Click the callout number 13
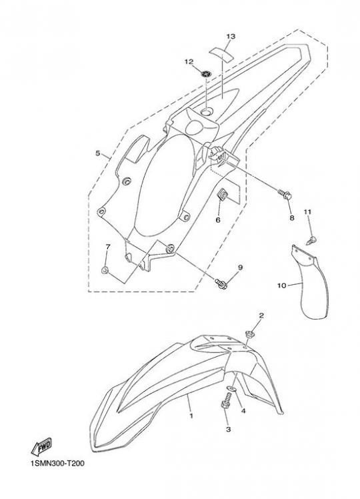[231, 37]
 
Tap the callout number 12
[189, 61]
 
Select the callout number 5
[97, 153]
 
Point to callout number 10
[282, 286]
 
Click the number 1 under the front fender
[191, 416]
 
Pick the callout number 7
[108, 247]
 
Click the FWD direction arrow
[41, 446]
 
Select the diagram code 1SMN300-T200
[57, 464]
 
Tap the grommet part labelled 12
[206, 73]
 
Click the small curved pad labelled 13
[221, 53]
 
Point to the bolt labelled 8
[285, 194]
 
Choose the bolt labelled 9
[221, 284]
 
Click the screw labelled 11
[312, 240]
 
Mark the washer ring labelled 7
[105, 271]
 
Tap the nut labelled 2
[249, 334]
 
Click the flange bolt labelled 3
[226, 401]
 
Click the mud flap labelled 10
[309, 282]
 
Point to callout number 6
[218, 220]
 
